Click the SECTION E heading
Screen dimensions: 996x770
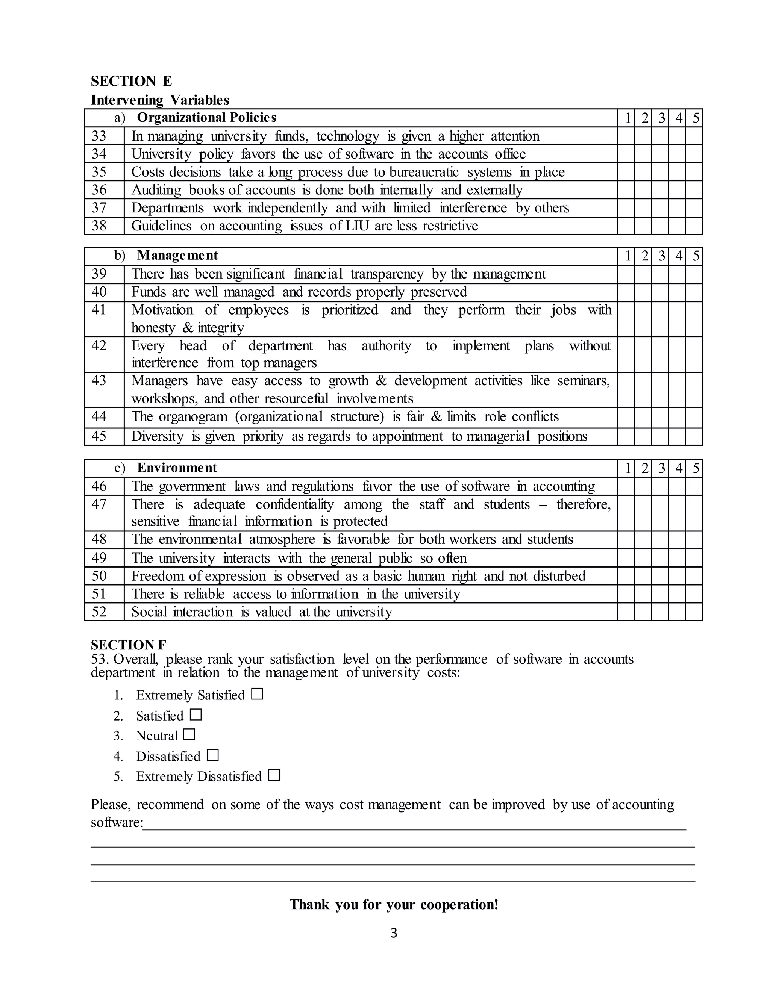coord(131,81)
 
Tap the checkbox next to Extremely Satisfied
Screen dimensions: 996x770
coord(257,694)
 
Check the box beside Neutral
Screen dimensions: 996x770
coord(189,735)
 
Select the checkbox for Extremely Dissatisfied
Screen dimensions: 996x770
coord(274,775)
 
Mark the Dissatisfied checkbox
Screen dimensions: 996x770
coord(212,755)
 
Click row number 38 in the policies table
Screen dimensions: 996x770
coord(99,226)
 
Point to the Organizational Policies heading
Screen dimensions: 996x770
coord(207,118)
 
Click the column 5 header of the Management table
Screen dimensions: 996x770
coord(695,256)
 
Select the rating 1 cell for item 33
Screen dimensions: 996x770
coord(626,136)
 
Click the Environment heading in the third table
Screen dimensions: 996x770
coord(177,468)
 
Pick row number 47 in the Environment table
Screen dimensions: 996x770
coord(99,504)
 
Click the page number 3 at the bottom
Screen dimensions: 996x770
coord(394,934)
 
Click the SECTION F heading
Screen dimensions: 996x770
coord(129,645)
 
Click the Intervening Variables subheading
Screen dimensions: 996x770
coord(160,100)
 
